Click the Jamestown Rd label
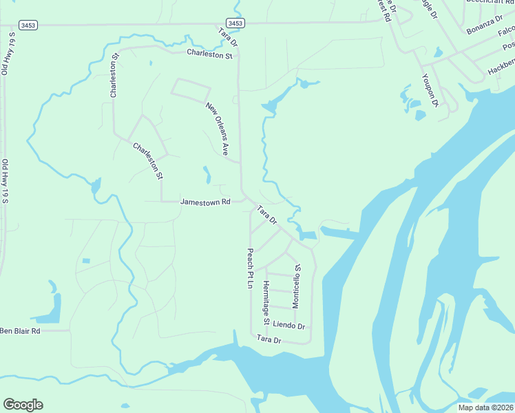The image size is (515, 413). [204, 202]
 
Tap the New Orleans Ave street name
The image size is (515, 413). [217, 128]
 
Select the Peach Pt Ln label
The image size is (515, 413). [251, 268]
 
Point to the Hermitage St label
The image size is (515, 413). [266, 302]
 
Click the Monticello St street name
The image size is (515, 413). [296, 285]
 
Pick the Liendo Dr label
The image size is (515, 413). [288, 324]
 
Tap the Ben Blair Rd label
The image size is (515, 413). [20, 331]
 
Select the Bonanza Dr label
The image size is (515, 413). [485, 23]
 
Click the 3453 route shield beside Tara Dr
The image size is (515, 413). [235, 23]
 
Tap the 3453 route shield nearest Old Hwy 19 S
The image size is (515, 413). [28, 25]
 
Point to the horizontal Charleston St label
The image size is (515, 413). [209, 53]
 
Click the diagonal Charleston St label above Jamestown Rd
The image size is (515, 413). [147, 160]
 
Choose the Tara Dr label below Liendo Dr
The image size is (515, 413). [269, 339]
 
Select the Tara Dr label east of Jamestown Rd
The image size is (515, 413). [266, 215]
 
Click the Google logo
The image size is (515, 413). [23, 405]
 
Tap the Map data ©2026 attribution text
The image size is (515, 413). [485, 407]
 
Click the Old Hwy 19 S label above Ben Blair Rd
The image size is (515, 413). [6, 181]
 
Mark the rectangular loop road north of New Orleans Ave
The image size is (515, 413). [191, 89]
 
